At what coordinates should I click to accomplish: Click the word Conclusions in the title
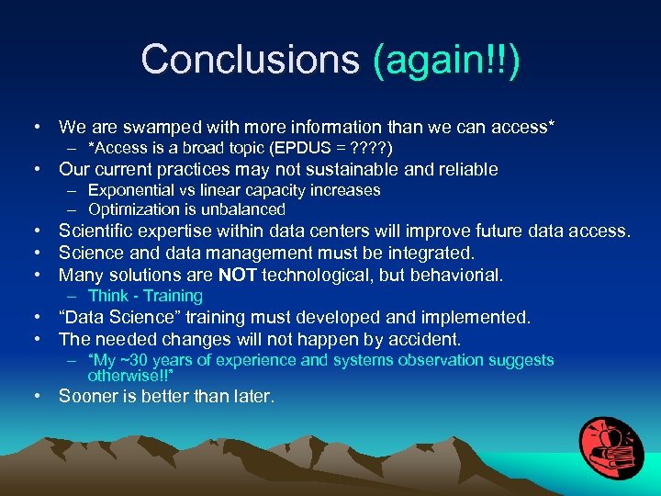(250, 60)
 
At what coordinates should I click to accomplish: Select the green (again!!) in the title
(446, 60)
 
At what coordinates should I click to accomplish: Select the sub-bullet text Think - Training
(145, 296)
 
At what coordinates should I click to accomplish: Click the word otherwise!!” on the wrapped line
(132, 375)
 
